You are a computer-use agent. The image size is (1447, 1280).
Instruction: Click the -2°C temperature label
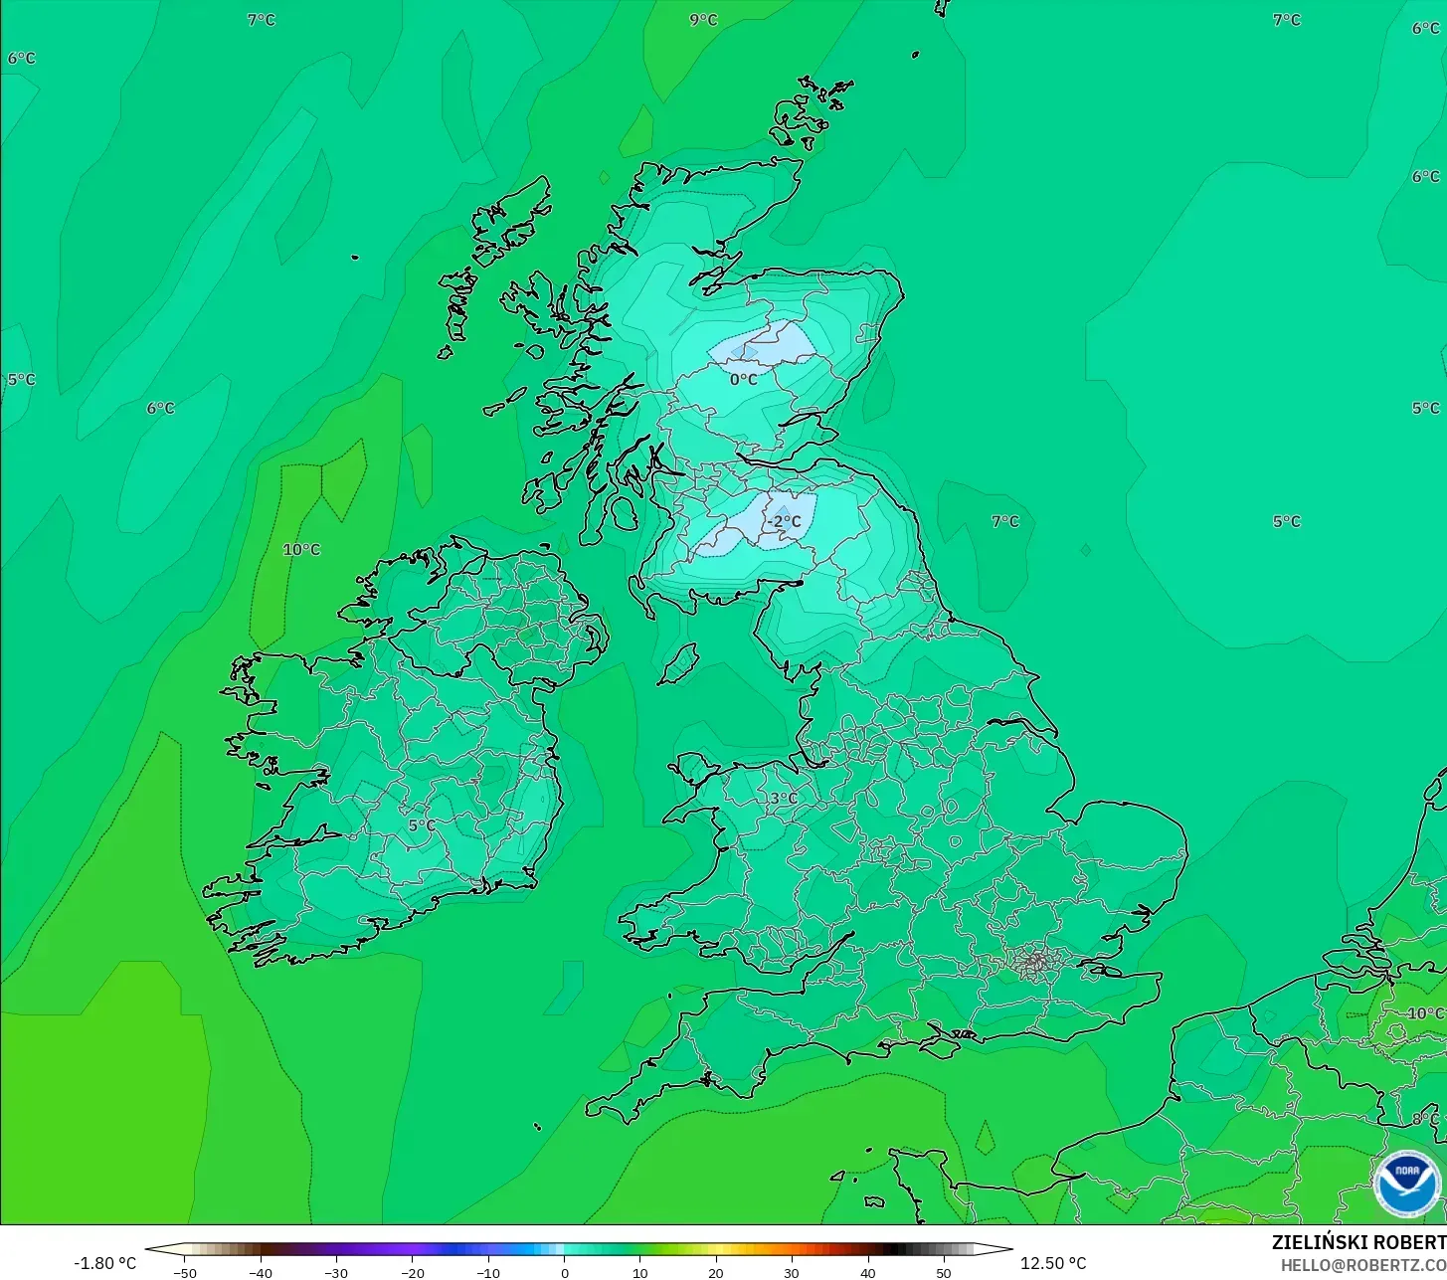[784, 521]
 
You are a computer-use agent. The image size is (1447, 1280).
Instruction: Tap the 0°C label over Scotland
[743, 379]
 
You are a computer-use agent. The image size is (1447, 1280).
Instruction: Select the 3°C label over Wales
[784, 798]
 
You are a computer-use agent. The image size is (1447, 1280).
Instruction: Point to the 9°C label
[703, 20]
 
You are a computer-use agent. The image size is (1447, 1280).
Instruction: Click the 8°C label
[1425, 1119]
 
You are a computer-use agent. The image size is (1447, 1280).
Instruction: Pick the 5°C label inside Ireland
[422, 825]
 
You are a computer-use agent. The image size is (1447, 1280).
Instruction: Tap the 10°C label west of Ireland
[301, 549]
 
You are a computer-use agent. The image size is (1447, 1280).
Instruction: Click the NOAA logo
[1406, 1183]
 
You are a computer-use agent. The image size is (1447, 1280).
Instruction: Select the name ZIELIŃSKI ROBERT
[1358, 1242]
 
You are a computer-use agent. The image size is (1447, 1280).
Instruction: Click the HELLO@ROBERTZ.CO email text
[1362, 1265]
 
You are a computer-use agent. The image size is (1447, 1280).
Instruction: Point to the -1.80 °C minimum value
[104, 1263]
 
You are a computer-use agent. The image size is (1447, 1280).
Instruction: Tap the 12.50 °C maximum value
[1053, 1263]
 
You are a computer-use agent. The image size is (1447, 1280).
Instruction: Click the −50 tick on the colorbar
[184, 1273]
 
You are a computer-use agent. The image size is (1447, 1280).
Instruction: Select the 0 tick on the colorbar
[564, 1273]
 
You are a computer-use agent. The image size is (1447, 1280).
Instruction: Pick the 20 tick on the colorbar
[716, 1273]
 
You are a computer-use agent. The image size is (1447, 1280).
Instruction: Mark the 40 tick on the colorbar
[868, 1273]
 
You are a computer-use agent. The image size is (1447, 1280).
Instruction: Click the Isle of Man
[679, 663]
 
